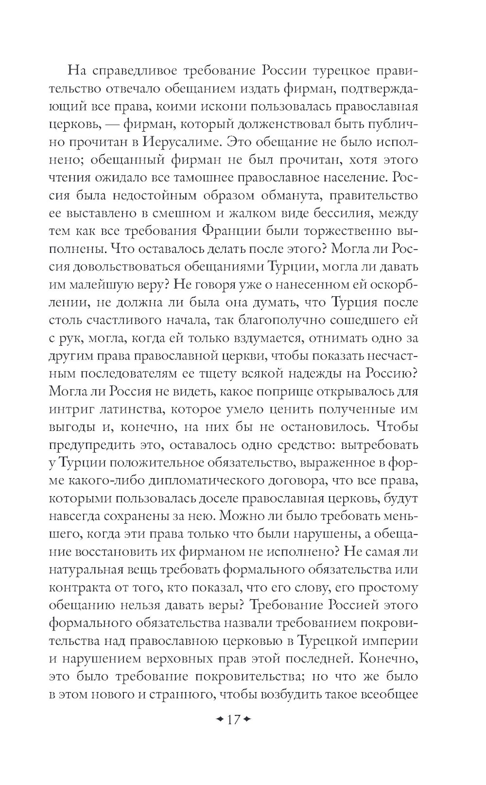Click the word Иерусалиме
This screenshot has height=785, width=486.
184,142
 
